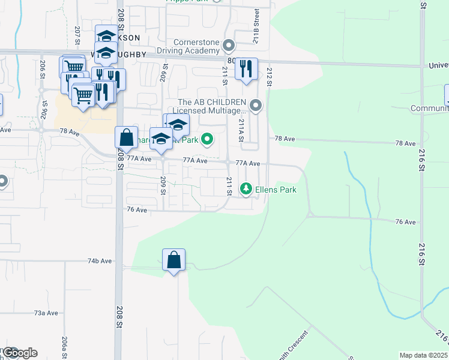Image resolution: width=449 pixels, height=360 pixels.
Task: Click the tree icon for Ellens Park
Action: click(x=246, y=190)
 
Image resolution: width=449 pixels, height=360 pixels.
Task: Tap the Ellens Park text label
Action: click(x=275, y=190)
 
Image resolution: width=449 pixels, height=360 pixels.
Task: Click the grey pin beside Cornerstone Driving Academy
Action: click(x=228, y=46)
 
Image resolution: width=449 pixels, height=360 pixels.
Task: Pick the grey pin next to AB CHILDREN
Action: click(x=256, y=107)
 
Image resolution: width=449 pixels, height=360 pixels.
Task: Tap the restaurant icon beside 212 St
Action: click(x=246, y=69)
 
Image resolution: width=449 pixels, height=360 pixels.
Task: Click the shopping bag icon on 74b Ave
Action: click(x=173, y=260)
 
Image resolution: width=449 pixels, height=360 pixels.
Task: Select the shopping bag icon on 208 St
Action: click(x=126, y=138)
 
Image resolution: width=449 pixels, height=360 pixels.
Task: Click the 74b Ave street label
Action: click(x=100, y=261)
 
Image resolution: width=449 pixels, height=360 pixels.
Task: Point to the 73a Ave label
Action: click(x=46, y=313)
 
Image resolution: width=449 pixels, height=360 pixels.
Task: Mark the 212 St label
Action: click(x=270, y=77)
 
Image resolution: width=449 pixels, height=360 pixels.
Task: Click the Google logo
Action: click(x=19, y=353)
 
